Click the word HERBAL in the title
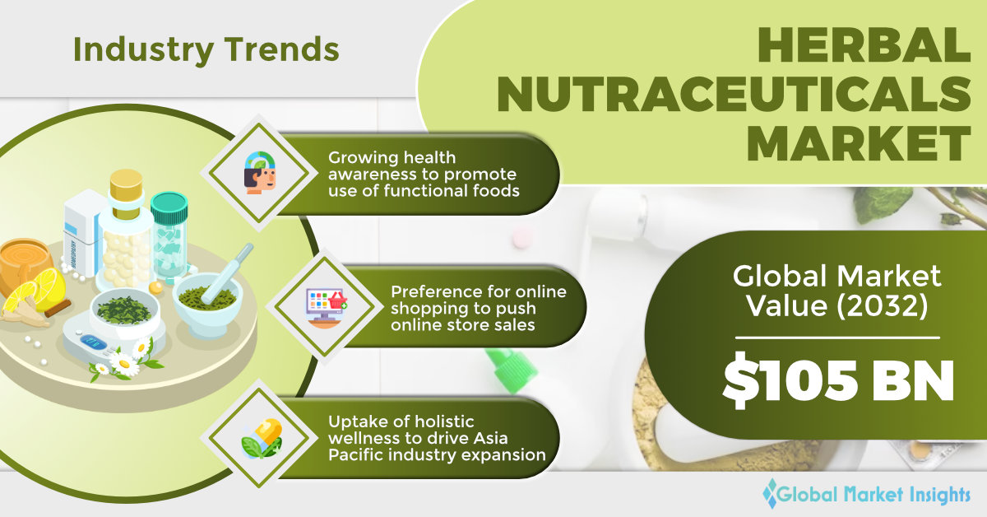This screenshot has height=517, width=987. [864, 45]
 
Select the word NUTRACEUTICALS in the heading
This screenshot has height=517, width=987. [734, 95]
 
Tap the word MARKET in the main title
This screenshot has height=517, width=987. [860, 144]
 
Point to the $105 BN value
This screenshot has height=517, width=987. [838, 381]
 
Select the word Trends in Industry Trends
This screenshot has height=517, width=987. [282, 49]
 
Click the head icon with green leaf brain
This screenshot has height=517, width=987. [260, 173]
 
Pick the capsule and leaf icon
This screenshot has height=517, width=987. [262, 439]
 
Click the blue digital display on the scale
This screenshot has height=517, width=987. [94, 342]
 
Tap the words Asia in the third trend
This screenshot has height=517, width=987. [490, 438]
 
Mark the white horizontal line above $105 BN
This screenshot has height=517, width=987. [837, 338]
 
